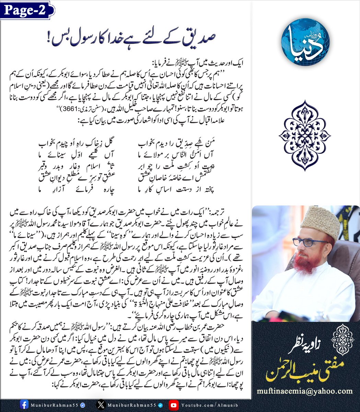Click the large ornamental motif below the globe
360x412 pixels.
(x=305, y=135)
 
